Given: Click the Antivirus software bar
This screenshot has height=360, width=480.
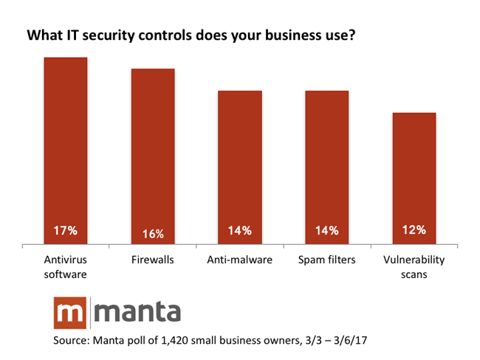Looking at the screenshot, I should coord(66,148).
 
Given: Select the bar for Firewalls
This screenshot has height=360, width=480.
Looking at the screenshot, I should coord(153,155).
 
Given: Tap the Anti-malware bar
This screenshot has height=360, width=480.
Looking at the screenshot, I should coord(240,166).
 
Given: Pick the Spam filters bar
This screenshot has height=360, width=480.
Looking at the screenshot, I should coord(327,166).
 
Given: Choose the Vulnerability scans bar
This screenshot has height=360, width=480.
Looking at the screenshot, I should coord(414,177).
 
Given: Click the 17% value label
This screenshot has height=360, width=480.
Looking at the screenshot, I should coord(66,230).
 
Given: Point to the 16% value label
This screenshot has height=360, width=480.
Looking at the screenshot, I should coord(153,232).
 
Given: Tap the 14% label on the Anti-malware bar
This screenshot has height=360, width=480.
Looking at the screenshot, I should coord(240,230).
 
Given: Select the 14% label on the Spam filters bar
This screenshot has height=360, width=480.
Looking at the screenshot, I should coord(327,230).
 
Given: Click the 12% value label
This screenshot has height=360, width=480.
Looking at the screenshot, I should coord(414,230).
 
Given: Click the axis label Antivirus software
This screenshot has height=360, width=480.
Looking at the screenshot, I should coord(66,266).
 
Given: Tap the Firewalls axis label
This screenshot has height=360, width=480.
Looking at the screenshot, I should coord(153,260).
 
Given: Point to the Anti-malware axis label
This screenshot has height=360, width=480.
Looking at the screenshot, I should coord(240,260).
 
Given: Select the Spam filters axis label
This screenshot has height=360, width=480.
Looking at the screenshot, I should coord(327,260).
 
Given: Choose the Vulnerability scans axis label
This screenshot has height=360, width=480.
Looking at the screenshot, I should coord(414,266).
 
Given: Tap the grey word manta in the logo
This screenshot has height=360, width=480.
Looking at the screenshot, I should coord(138,313).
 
